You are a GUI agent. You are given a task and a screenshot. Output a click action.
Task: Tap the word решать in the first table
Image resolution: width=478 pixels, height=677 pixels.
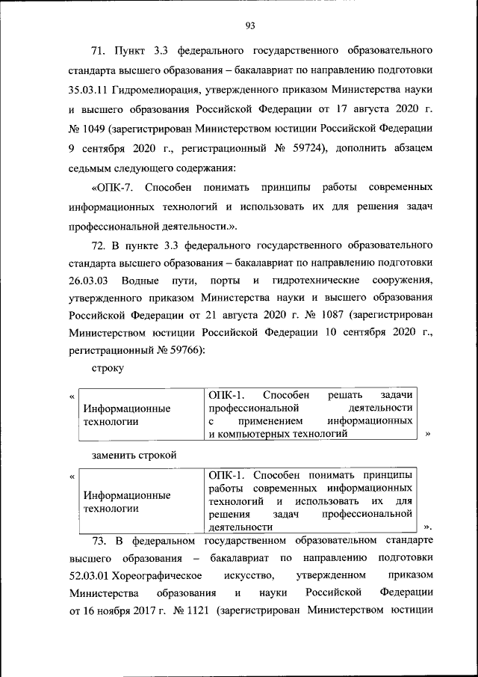point(344,394)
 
